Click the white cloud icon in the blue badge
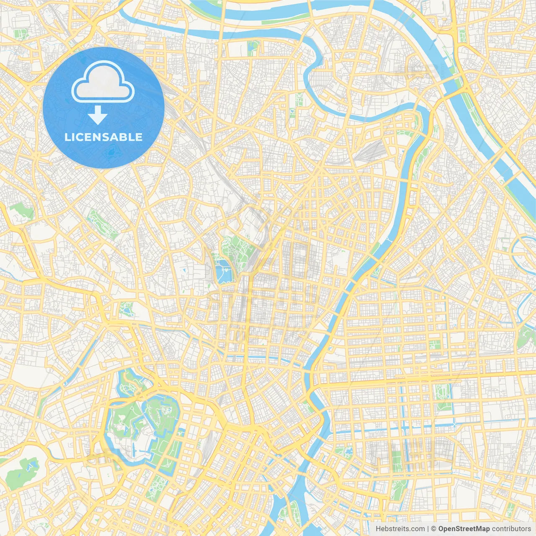coord(103,82)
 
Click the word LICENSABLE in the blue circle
coord(103,137)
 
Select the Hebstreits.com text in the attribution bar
coord(400,529)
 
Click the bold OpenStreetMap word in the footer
coord(464,529)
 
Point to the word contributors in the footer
coord(511,529)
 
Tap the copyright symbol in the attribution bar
coord(434,529)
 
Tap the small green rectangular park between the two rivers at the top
coord(253,48)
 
